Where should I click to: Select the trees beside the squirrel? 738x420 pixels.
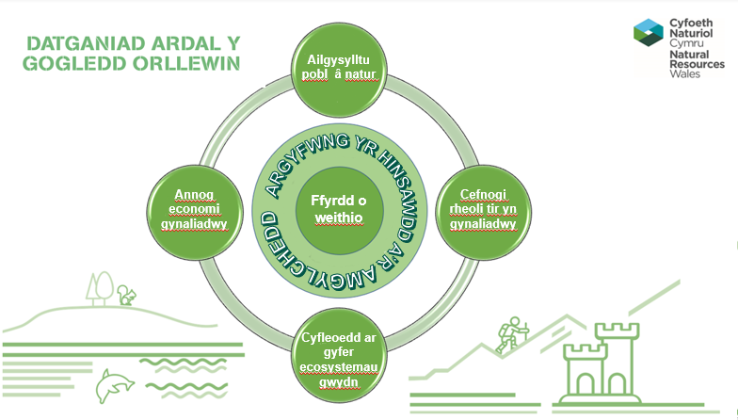point(98,286)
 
